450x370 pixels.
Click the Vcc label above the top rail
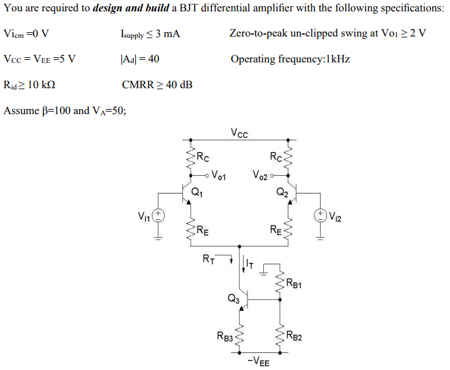click(239, 133)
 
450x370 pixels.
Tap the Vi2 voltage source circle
click(320, 216)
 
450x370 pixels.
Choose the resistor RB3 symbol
click(240, 336)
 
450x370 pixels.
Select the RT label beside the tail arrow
click(208, 258)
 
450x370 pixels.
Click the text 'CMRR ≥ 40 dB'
click(157, 84)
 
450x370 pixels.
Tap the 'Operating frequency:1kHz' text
click(290, 59)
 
